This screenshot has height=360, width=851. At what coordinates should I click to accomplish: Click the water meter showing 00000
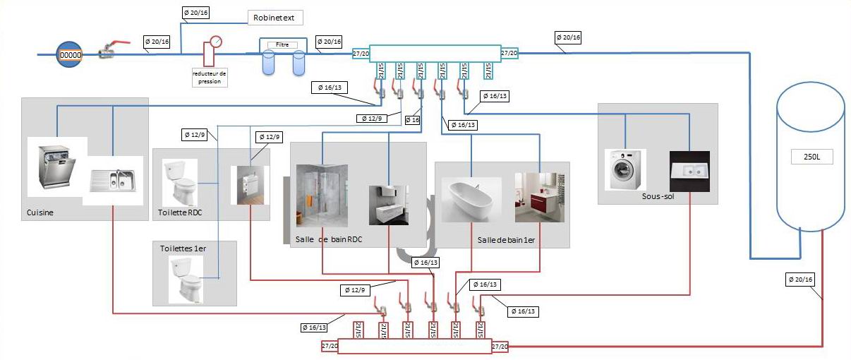[x=70, y=54]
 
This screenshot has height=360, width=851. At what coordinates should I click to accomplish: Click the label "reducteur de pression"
[x=210, y=77]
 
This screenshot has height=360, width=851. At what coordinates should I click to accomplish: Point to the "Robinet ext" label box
[x=274, y=18]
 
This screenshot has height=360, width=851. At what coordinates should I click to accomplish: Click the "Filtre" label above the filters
[x=282, y=44]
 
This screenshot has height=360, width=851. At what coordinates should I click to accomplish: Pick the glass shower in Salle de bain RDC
[x=322, y=195]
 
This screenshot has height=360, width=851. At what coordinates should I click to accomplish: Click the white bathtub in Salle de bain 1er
[x=471, y=199]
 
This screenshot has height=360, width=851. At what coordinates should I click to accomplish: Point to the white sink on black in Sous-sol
[x=689, y=172]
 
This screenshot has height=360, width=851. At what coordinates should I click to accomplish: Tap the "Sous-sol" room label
[x=658, y=197]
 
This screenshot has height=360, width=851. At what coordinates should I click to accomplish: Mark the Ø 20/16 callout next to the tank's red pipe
[x=799, y=280]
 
